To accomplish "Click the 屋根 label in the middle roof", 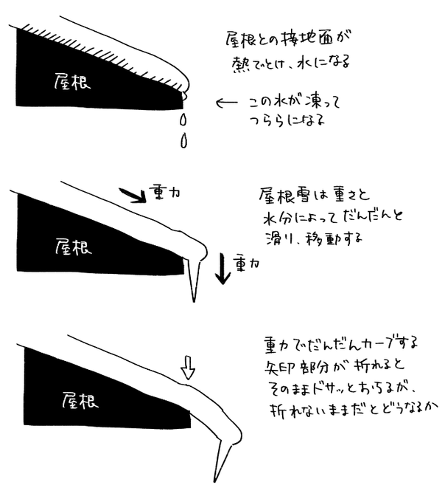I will point(73,247).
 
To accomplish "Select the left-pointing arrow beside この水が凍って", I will point(227,103).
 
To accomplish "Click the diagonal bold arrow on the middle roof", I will point(133,195).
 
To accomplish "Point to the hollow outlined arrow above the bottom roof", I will point(188,368).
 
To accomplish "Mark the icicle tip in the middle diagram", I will point(194,300).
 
